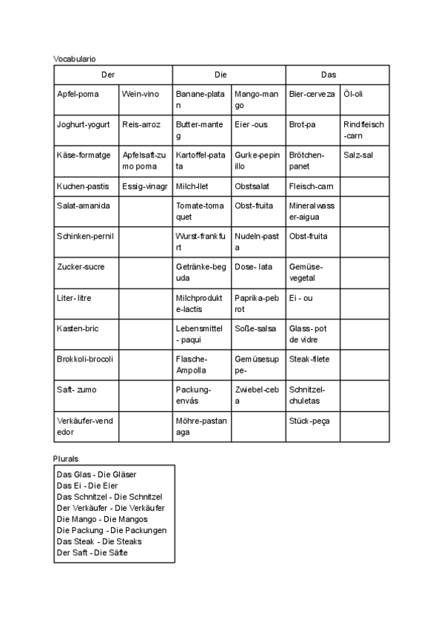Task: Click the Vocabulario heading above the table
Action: pos(75,58)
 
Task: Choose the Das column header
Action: pos(329,75)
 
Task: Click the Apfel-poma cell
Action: pos(78,94)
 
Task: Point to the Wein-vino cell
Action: pos(141,94)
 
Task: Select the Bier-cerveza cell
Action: pos(312,94)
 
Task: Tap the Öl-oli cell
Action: pos(354,94)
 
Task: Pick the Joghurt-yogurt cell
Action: pos(83,125)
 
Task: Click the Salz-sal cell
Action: pos(358,155)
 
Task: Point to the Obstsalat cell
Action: pos(252,186)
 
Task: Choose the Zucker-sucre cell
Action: pos(81,266)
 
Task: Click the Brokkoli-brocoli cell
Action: pos(84,359)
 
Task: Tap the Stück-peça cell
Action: pos(309,421)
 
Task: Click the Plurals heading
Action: pos(66,458)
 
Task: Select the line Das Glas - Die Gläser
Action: pos(96,474)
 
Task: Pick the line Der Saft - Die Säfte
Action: pos(92,552)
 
